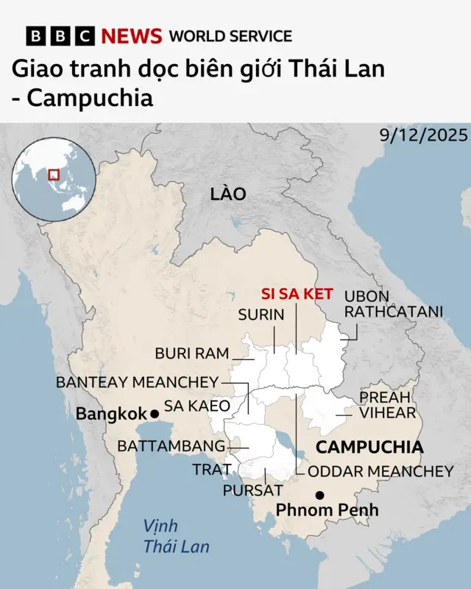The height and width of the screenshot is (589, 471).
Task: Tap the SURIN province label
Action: [261, 315]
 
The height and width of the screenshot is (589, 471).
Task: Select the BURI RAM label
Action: [191, 353]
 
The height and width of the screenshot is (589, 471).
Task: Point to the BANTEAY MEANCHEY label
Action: [138, 382]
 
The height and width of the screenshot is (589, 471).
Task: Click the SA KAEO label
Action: [196, 406]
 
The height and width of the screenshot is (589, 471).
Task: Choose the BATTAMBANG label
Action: [171, 446]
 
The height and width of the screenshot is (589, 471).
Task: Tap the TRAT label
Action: [208, 470]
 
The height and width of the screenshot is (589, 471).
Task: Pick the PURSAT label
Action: [252, 490]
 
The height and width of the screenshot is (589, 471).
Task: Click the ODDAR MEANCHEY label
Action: [380, 471]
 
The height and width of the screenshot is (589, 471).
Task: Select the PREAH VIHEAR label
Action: [388, 405]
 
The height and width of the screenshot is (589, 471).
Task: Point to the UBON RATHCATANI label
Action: [394, 304]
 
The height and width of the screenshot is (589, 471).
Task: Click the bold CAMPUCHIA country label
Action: [369, 447]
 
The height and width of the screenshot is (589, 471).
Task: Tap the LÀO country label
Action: [227, 194]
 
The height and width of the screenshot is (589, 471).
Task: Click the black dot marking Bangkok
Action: [155, 414]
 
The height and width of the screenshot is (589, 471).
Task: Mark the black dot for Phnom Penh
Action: [319, 495]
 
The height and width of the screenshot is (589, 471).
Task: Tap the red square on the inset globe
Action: [53, 174]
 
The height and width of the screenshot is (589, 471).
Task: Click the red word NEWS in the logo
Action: [132, 36]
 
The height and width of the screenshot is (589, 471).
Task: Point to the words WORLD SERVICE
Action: [230, 36]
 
